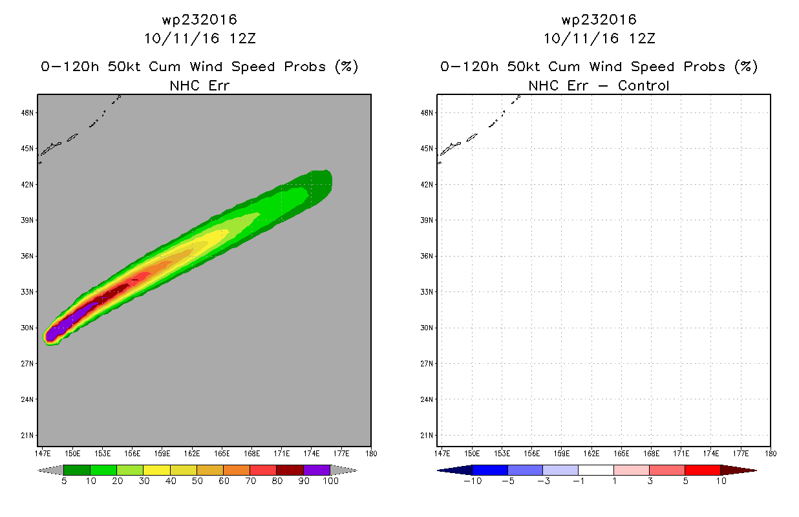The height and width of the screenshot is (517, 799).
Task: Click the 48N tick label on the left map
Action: click(x=27, y=113)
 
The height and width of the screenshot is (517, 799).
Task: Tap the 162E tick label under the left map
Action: click(x=192, y=454)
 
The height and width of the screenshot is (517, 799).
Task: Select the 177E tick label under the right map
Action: click(x=741, y=454)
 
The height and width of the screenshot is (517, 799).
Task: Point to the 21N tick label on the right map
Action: click(x=427, y=436)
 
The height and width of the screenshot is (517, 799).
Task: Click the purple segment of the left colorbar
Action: click(x=317, y=470)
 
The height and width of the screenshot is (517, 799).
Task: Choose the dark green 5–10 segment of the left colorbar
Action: click(x=77, y=470)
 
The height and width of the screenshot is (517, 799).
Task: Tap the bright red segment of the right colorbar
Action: click(x=703, y=470)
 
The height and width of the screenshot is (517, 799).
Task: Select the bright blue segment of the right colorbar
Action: click(x=490, y=470)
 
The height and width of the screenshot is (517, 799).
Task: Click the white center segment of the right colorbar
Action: click(x=596, y=470)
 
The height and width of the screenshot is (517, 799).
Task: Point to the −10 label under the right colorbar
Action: click(x=473, y=481)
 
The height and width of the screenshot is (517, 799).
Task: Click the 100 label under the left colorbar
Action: click(x=330, y=481)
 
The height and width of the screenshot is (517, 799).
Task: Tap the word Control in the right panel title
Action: click(x=643, y=85)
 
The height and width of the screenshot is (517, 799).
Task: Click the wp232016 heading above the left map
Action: click(x=200, y=19)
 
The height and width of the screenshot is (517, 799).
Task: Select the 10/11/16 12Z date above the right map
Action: click(x=599, y=39)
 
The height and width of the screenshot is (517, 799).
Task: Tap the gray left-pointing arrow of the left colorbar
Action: click(x=50, y=470)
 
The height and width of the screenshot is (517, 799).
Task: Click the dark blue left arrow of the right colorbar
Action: click(x=455, y=470)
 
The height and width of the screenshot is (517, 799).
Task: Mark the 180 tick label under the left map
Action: click(x=371, y=454)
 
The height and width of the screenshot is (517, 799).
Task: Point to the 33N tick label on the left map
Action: click(x=27, y=292)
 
